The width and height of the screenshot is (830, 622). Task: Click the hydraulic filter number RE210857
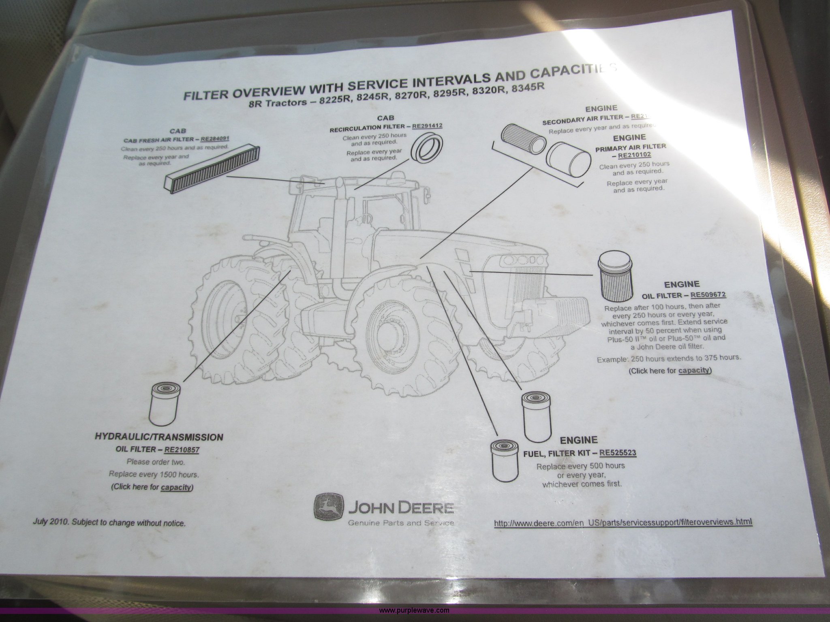[182, 450]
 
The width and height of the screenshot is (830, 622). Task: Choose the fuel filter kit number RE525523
[618, 453]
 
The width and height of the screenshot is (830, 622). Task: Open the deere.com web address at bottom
[623, 522]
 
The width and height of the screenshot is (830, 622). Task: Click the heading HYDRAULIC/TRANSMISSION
[158, 437]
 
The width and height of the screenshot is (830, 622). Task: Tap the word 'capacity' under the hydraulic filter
[175, 487]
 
